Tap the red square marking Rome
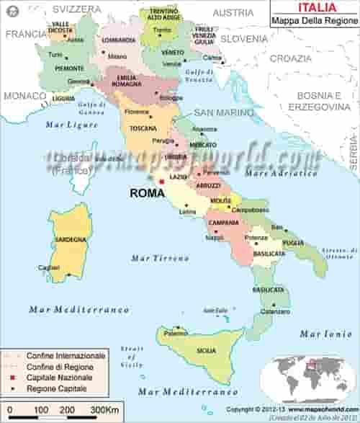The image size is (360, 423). [x=161, y=182]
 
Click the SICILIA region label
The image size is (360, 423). [x=206, y=350]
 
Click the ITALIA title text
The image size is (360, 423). [x=315, y=7]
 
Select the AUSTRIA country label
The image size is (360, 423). [x=233, y=12]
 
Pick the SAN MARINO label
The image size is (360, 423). [x=223, y=113]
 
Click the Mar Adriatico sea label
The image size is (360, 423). [x=281, y=173]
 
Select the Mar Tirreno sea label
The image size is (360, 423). [x=155, y=257]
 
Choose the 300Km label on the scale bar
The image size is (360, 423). [x=100, y=410]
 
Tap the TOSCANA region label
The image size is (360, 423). [x=143, y=128]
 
